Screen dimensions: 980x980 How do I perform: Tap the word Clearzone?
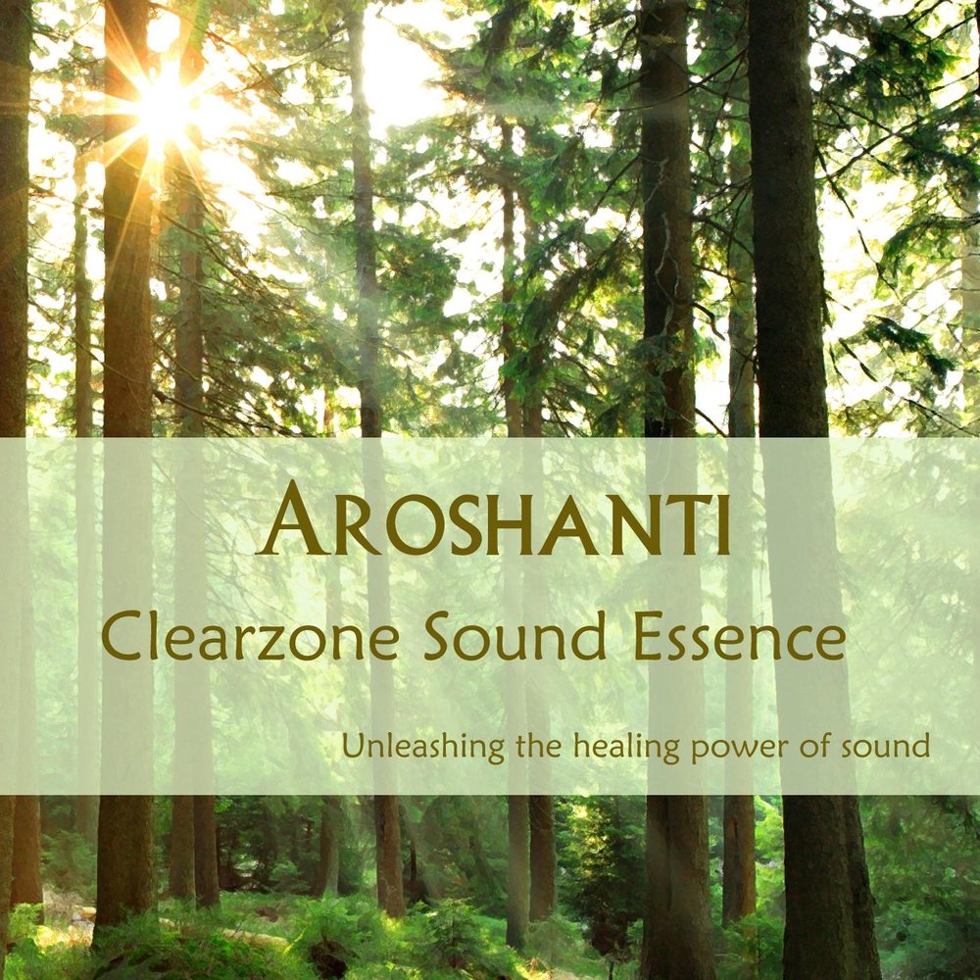250,637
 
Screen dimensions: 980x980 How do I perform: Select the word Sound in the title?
514,636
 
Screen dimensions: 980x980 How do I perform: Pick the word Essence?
740,637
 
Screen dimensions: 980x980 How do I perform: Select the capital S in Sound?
437,636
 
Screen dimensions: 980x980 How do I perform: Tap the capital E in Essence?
648,637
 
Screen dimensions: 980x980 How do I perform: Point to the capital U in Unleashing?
352,747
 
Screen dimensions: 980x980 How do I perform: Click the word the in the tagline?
539,746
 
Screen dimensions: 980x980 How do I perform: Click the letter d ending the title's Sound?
589,636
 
